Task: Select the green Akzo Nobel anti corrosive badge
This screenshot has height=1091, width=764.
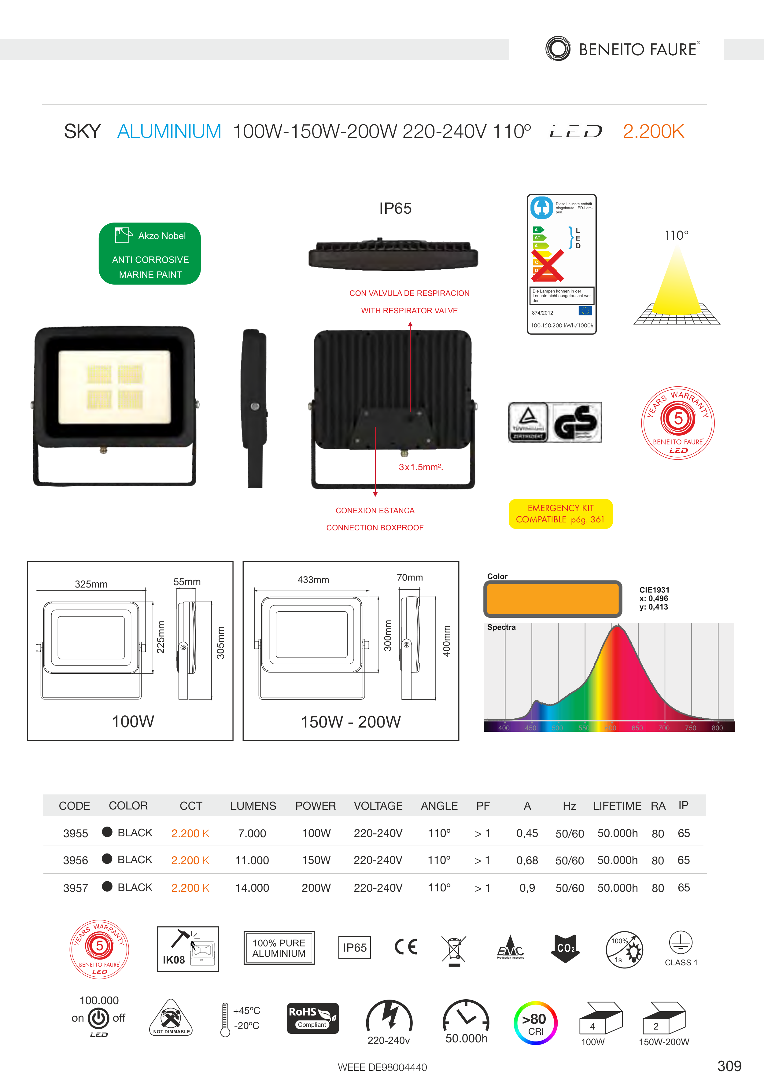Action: tap(150, 254)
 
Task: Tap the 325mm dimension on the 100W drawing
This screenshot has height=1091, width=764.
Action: tap(91, 584)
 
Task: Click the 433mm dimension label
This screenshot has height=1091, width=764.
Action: tap(313, 580)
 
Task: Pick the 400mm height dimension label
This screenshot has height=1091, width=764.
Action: tap(447, 641)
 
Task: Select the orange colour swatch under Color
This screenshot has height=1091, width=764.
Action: tap(552, 599)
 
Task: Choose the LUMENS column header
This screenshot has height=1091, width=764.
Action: tap(253, 806)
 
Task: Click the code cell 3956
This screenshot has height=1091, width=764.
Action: tap(76, 861)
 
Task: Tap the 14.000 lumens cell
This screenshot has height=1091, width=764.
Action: tap(252, 888)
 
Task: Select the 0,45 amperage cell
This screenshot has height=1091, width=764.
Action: tap(527, 833)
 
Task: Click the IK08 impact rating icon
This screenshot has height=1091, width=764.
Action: tap(188, 949)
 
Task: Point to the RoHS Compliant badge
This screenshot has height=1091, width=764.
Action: tap(313, 1018)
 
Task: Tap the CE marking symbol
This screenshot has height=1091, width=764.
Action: tap(406, 947)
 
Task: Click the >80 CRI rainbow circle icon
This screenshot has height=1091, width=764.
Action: tap(535, 1023)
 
